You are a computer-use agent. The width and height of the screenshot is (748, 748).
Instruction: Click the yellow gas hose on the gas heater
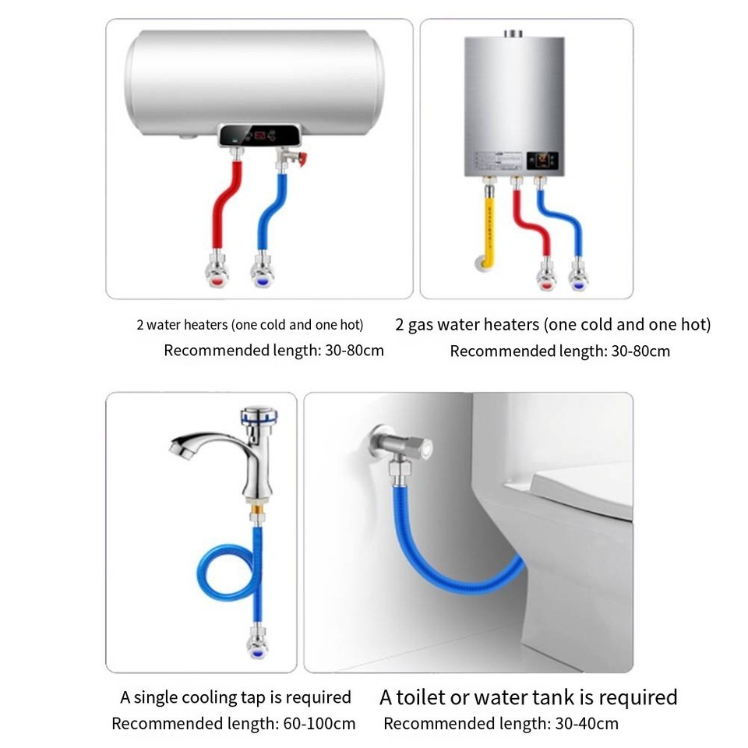point(489,226)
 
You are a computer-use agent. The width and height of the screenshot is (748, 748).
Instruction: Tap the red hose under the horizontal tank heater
point(221,210)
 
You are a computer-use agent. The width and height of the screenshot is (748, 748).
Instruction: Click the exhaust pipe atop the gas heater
point(513,34)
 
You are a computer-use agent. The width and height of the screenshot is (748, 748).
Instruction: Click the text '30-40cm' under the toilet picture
point(588,724)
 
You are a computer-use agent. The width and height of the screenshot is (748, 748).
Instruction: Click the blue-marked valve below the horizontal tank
point(263,273)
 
